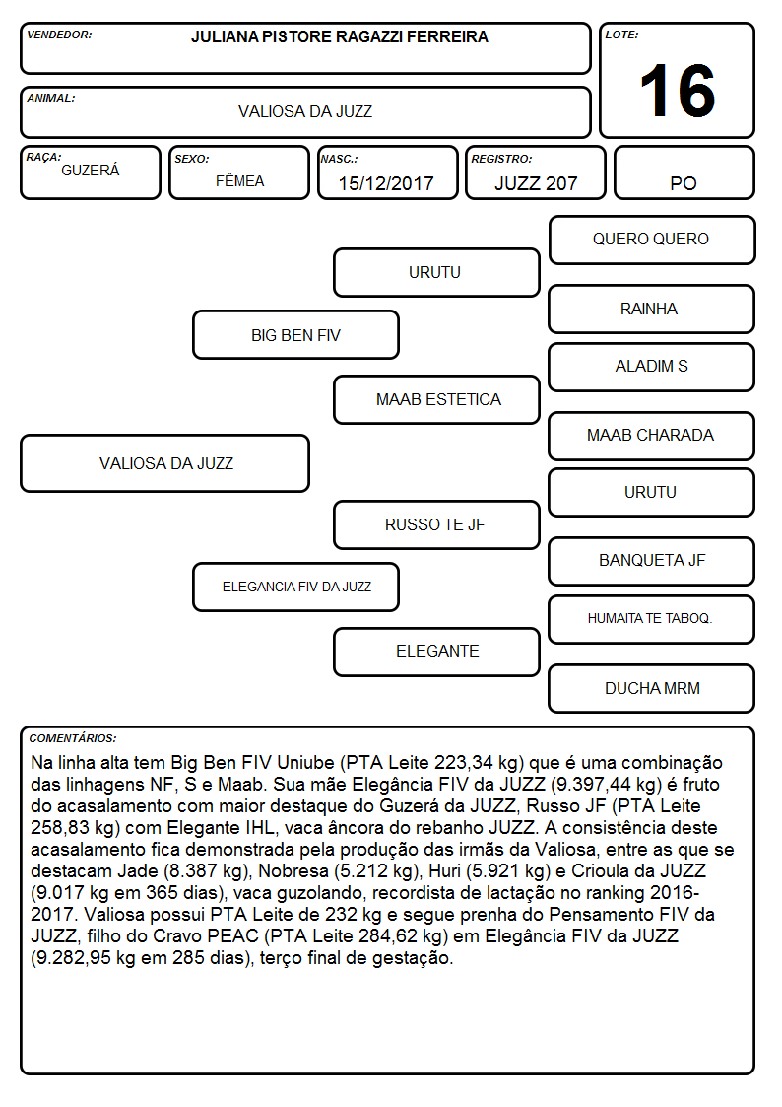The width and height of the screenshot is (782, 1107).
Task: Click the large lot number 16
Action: click(677, 91)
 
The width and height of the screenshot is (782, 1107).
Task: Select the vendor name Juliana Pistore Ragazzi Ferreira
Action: click(339, 36)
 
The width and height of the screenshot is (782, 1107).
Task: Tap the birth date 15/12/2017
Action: click(386, 183)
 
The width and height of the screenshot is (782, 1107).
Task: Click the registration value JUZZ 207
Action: click(536, 183)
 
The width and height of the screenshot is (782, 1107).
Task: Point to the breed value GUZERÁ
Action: click(91, 170)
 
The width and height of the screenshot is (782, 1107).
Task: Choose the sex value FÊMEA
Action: click(239, 180)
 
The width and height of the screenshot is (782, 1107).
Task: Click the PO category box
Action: click(684, 173)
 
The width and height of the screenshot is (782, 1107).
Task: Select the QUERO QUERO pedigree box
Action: click(652, 241)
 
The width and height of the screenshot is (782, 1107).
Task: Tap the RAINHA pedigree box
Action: click(652, 309)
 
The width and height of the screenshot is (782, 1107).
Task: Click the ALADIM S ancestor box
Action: click(652, 367)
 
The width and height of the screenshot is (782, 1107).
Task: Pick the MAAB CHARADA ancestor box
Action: click(652, 436)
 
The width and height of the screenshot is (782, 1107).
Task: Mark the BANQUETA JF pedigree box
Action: click(652, 561)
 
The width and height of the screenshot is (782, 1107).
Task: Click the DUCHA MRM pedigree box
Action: click(652, 688)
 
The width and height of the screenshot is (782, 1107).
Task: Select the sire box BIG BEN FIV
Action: click(296, 334)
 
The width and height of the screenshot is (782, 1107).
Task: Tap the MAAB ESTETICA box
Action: click(437, 399)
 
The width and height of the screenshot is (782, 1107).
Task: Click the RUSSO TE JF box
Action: click(437, 524)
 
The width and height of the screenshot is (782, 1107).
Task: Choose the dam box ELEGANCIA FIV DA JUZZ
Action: click(296, 587)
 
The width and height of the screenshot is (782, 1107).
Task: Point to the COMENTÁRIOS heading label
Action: click(73, 738)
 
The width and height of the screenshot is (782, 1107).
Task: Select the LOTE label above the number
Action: click(621, 34)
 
